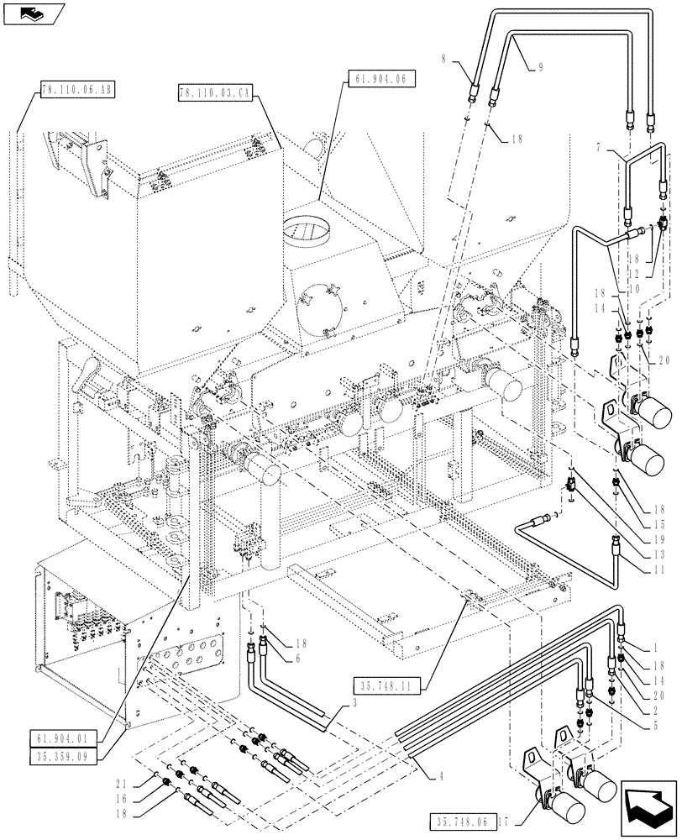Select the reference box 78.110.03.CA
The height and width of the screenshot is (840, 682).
pos(213,93)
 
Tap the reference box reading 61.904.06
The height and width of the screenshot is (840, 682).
pos(380,78)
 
